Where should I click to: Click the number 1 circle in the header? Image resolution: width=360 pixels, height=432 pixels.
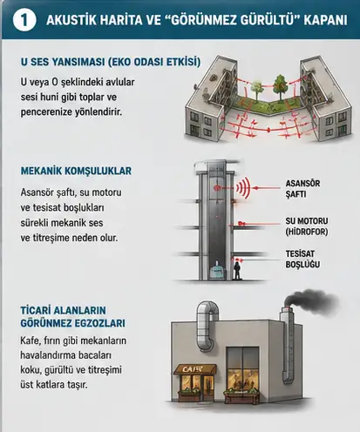(24, 20)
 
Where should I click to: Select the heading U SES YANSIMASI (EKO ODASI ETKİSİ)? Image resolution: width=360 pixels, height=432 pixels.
(111, 62)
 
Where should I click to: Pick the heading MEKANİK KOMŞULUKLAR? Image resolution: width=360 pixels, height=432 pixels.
(76, 171)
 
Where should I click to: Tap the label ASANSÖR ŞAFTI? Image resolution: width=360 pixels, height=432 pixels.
(302, 189)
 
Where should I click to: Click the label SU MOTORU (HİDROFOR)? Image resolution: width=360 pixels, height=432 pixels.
(307, 226)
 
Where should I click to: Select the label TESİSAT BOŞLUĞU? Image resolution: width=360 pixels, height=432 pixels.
(302, 259)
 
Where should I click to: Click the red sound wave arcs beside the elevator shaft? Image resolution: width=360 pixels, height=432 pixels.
(243, 188)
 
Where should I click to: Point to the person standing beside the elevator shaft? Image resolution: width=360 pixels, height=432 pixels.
(237, 270)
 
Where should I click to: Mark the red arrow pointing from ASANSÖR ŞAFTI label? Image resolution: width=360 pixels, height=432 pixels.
(267, 188)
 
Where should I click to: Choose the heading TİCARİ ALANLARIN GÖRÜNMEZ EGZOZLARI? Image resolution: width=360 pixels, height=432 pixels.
(72, 317)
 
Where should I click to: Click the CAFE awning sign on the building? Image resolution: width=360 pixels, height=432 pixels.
(195, 369)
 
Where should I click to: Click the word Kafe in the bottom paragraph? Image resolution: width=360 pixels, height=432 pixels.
(30, 341)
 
